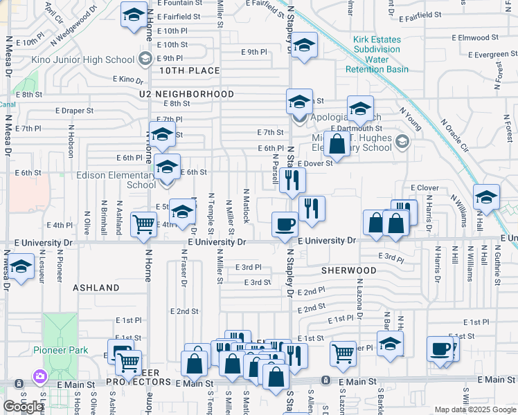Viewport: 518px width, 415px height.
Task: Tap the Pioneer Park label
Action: [x=61, y=350]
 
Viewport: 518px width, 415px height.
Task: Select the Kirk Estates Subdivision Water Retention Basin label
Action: [x=377, y=55]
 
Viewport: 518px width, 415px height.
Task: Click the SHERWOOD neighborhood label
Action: [x=348, y=270]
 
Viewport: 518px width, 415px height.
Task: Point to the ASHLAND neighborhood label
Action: [x=96, y=287]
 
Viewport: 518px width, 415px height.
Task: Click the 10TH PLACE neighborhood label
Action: [x=189, y=71]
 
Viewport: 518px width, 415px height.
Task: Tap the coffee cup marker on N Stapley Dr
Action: [x=284, y=223]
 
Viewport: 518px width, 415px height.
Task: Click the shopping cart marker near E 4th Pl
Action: [x=143, y=223]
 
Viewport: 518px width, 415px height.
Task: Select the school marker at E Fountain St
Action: [x=133, y=15]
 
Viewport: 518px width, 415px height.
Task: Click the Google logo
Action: [x=24, y=407]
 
